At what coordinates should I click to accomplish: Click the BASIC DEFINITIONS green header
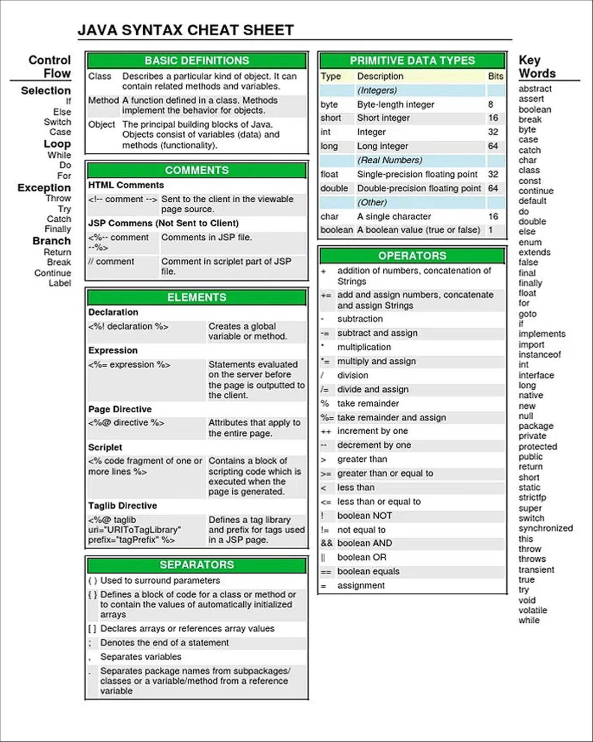(x=197, y=60)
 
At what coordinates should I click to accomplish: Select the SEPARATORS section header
(x=197, y=564)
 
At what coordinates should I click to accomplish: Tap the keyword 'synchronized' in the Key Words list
(x=545, y=528)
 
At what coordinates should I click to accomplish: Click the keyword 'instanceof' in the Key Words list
(x=539, y=355)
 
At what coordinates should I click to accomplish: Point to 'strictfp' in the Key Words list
(x=532, y=497)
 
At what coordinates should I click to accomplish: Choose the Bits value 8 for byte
(x=490, y=104)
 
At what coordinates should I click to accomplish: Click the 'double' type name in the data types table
(x=334, y=189)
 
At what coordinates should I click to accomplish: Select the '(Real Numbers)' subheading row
(x=389, y=160)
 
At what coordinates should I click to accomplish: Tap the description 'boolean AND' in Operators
(x=365, y=543)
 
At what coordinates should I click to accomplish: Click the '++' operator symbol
(x=326, y=431)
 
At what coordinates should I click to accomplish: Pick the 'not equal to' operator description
(x=361, y=530)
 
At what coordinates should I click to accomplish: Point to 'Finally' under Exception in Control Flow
(x=58, y=229)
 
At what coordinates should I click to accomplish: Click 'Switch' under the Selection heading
(x=58, y=122)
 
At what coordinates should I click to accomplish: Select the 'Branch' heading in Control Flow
(x=52, y=241)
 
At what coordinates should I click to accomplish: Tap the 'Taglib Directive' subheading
(x=122, y=506)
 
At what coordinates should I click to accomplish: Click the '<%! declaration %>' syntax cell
(x=128, y=326)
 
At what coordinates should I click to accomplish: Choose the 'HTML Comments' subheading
(x=126, y=185)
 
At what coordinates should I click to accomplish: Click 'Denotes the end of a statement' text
(x=164, y=643)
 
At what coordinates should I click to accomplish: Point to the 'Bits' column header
(x=495, y=76)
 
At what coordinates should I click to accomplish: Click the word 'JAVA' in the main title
(x=97, y=30)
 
